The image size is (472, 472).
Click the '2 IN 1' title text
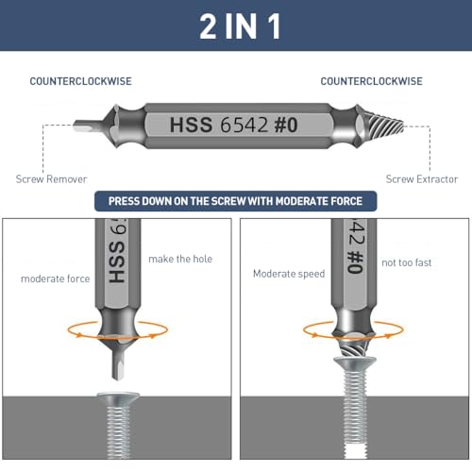coord(240,26)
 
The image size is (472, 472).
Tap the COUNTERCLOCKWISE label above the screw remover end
coord(81,81)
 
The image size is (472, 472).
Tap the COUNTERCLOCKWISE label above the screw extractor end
coord(371,81)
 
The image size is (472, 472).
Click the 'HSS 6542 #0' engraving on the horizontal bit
coord(233,125)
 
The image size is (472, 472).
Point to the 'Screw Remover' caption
coord(51,179)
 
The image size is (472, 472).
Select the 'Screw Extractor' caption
coord(422,179)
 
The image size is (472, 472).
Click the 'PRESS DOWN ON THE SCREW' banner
coord(235,201)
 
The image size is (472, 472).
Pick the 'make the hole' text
coord(180,259)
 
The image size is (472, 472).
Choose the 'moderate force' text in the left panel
coord(56,278)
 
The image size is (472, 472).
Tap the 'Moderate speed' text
coord(289,274)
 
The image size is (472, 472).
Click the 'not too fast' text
coord(407,262)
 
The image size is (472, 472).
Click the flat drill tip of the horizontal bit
coord(89,126)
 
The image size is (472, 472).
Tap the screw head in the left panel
coord(118,397)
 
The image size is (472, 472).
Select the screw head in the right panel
coord(355,363)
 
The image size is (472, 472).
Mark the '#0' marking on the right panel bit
coord(356,262)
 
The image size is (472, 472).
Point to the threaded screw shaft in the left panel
coord(118,431)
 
